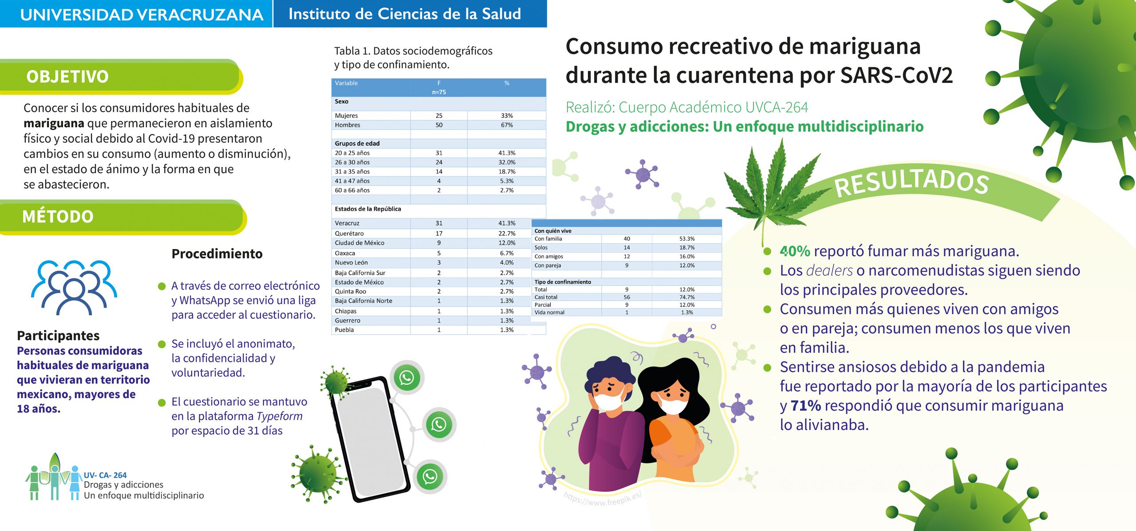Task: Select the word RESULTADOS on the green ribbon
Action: coord(911,182)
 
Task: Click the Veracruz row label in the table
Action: coord(347,223)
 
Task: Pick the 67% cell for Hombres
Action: coord(507,125)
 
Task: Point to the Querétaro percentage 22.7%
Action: coord(507,233)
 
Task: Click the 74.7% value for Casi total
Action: coord(687,297)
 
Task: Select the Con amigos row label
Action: coord(548,256)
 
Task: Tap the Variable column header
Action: coord(346,83)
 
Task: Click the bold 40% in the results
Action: coord(795,251)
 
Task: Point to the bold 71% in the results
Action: coord(805,406)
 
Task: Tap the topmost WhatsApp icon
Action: coord(406,378)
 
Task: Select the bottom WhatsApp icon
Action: coord(430,476)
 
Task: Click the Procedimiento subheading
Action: coord(217,254)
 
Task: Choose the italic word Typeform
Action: coord(279,416)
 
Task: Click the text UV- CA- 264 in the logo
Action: coord(105,475)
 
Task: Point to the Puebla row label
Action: coord(344,330)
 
